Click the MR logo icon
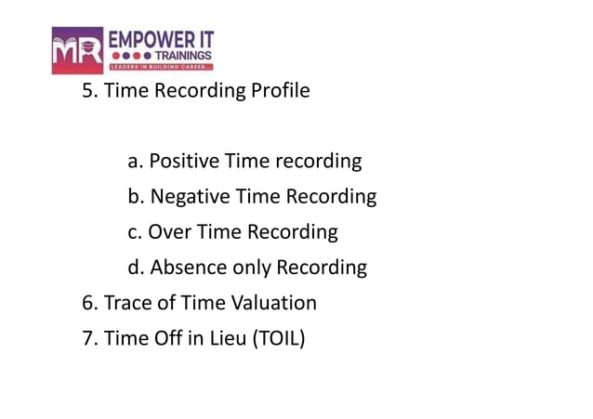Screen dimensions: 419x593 pos(78,51)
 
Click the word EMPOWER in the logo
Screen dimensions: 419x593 pos(147,39)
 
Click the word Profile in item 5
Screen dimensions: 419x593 pos(277,92)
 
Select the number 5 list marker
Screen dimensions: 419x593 pos(88,92)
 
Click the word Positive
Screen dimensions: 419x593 pos(183,161)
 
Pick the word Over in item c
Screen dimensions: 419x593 pos(167,231)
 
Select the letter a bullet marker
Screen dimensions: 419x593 pos(134,162)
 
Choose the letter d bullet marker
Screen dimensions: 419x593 pos(135,268)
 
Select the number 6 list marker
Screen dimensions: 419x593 pos(88,303)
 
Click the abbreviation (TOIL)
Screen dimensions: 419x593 pos(278,338)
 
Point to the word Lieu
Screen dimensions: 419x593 pos(229,338)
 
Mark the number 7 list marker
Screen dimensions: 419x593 pos(88,338)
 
